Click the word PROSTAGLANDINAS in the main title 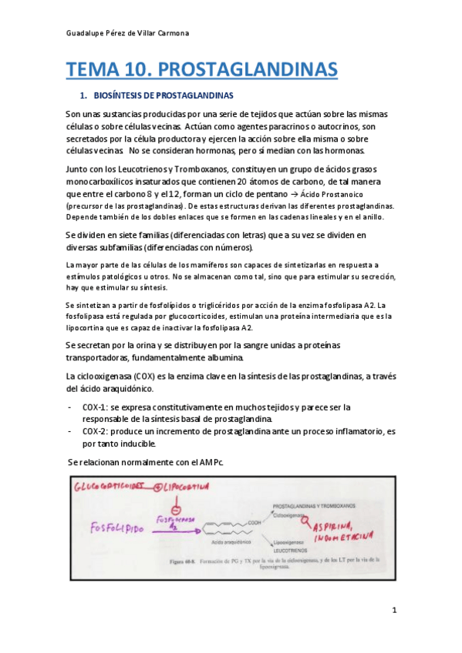point(248,70)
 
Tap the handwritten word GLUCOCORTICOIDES point(110,488)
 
